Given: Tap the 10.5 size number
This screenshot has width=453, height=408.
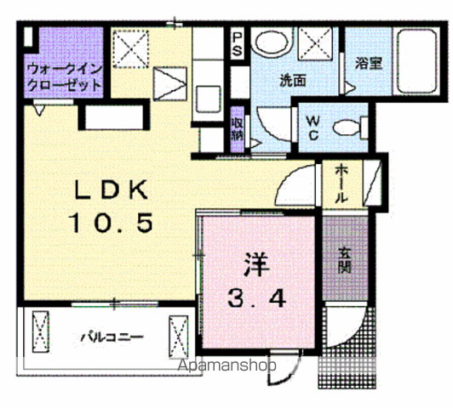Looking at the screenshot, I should [x=111, y=224].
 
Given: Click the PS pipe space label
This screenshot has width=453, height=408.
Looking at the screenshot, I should [x=238, y=44].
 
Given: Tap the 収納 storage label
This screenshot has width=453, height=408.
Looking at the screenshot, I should [x=238, y=127].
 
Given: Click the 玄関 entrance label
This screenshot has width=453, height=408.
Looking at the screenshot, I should [x=347, y=258].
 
